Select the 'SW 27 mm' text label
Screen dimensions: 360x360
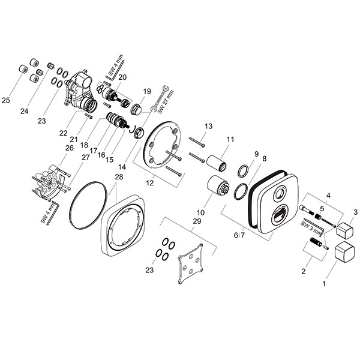click(x=169, y=99)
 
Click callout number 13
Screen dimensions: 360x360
click(x=209, y=126)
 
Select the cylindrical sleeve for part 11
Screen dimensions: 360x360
click(x=216, y=163)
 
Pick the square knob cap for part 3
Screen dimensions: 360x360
click(x=345, y=229)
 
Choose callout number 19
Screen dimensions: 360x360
click(x=146, y=91)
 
